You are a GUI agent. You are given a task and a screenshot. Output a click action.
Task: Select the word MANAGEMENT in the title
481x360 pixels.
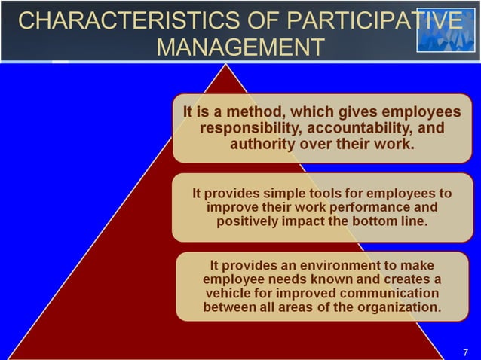240,47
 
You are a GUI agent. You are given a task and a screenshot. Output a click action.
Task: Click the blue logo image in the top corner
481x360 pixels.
446,30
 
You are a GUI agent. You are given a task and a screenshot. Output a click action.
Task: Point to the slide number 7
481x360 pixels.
465,352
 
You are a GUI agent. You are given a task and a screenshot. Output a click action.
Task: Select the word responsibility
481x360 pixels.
250,128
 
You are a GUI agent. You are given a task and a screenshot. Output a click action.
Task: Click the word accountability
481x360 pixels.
357,128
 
